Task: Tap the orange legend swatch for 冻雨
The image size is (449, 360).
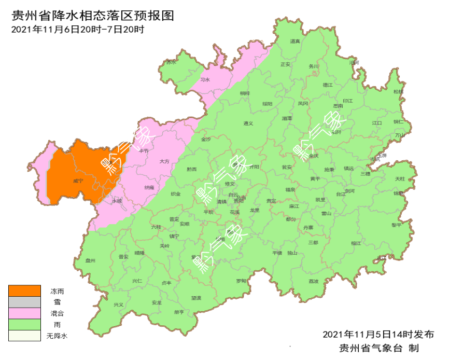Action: (24, 291)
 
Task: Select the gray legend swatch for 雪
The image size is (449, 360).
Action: (24, 302)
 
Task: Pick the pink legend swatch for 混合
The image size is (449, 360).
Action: (24, 313)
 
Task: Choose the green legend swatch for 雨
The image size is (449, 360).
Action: (24, 325)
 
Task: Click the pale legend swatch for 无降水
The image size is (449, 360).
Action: (24, 336)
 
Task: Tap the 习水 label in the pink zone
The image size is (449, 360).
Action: (205, 80)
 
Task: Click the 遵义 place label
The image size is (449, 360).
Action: (248, 123)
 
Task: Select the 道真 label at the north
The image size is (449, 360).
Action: (295, 41)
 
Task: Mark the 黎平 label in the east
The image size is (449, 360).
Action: (396, 225)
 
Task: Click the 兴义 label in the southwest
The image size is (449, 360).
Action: (119, 304)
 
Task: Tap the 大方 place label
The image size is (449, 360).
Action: (164, 162)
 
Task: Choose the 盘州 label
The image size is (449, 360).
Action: (90, 261)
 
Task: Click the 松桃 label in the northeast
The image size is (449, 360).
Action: (398, 91)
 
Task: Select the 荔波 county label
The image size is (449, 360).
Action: (314, 281)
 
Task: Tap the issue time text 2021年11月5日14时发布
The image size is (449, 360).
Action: (378, 334)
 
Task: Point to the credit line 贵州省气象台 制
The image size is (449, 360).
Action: (378, 347)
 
